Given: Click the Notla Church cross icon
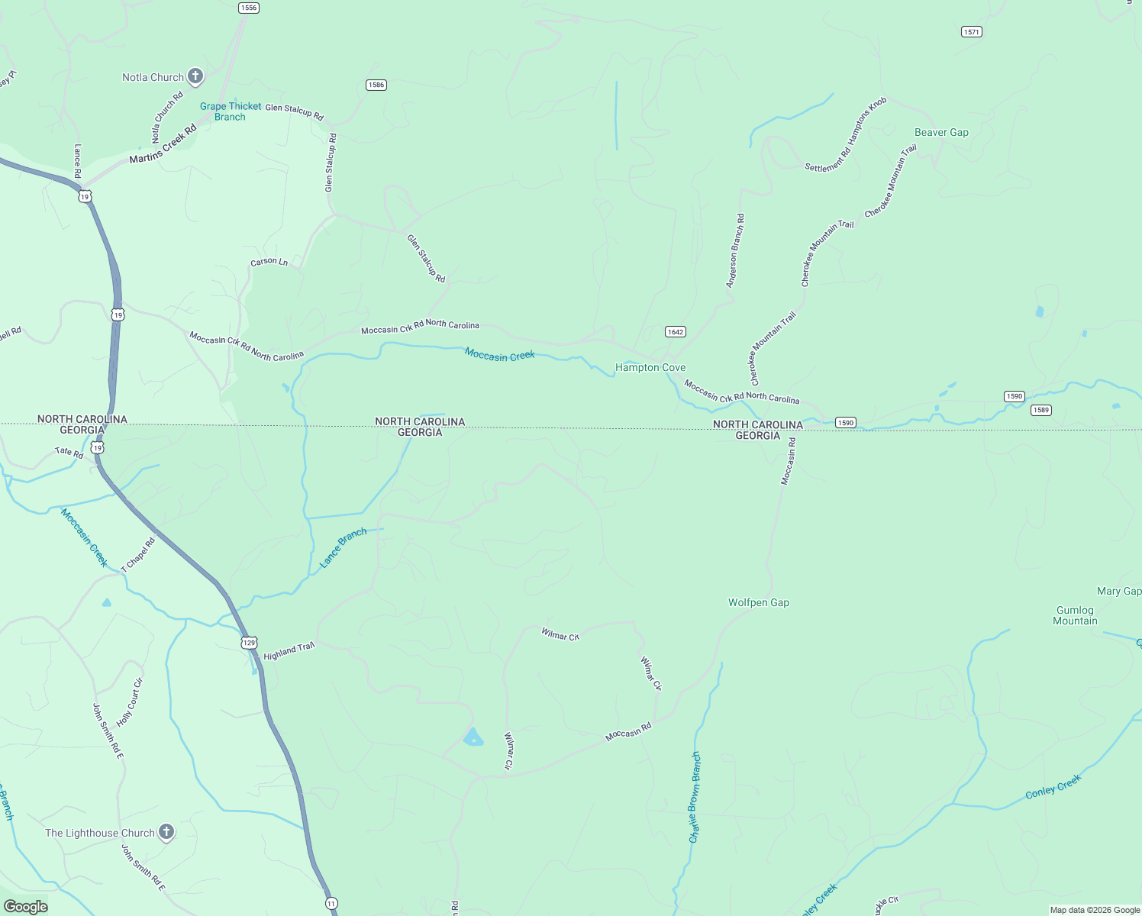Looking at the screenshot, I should [x=195, y=76].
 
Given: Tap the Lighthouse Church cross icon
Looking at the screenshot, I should [x=166, y=832].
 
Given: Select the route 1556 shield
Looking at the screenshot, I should [x=248, y=8].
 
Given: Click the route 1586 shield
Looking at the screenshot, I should [x=376, y=85].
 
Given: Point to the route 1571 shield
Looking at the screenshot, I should [x=971, y=32].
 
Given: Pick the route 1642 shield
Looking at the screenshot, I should [x=675, y=331].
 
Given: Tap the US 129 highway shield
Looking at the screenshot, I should [x=250, y=643].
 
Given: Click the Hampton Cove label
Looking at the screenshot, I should [x=650, y=368].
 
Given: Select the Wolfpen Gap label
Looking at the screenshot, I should [x=758, y=602].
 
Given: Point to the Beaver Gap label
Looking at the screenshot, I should [x=941, y=132].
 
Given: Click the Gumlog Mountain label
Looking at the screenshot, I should [x=1075, y=615].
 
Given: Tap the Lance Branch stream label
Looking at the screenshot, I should [x=343, y=547].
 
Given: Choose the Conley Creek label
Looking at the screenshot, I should [x=1053, y=787].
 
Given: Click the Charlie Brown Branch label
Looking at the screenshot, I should [x=694, y=797].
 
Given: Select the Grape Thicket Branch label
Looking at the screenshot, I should [x=231, y=111].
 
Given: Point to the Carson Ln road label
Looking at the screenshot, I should [x=269, y=262].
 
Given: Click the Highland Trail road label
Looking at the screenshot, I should [x=289, y=651].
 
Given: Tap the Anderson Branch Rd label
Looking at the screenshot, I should [x=735, y=250].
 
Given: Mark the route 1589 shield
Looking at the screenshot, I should [x=1040, y=410].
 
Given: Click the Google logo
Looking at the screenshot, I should [x=26, y=907].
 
